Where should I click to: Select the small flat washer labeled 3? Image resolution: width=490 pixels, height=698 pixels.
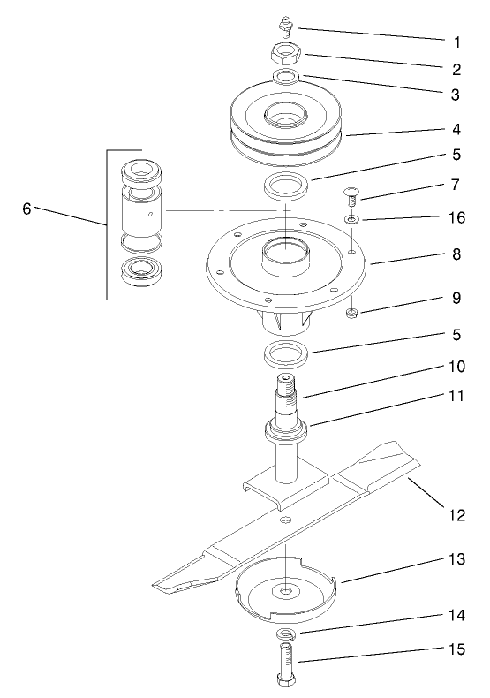coord(285,79)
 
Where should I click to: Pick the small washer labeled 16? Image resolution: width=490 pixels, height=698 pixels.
coord(351,218)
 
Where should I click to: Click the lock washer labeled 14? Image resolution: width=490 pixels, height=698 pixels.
coord(286,634)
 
